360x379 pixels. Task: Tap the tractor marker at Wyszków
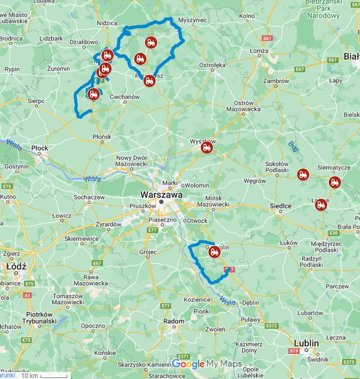207,148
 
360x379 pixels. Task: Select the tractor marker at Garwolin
214,251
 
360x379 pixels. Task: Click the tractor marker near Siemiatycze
335,182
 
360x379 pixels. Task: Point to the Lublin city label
306,343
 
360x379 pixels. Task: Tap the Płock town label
39,149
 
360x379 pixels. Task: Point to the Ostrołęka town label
212,66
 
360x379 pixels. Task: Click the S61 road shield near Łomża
267,38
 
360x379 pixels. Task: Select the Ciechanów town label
124,97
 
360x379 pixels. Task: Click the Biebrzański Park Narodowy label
323,10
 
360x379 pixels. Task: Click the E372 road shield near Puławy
271,326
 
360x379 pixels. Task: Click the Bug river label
292,147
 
